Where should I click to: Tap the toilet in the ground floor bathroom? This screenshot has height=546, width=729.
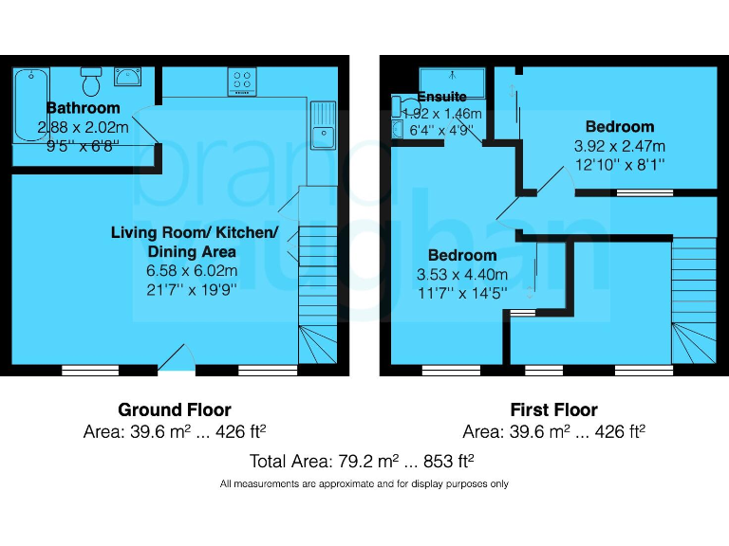point(91,82)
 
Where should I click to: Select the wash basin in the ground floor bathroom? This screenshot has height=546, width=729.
point(127,76)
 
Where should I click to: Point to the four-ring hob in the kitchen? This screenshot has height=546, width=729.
point(241,82)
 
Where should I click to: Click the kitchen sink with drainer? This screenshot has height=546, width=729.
point(323,129)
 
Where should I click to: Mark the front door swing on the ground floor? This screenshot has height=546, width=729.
point(173,357)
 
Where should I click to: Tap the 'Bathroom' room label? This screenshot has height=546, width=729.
point(84,108)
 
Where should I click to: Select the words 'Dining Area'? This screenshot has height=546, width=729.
point(191,251)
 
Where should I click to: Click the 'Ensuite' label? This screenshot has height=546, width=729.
point(442,97)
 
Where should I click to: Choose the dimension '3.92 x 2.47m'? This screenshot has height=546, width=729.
point(620,146)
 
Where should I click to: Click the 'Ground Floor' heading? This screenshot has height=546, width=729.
point(174,409)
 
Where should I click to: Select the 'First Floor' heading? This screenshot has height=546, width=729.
point(553,409)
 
